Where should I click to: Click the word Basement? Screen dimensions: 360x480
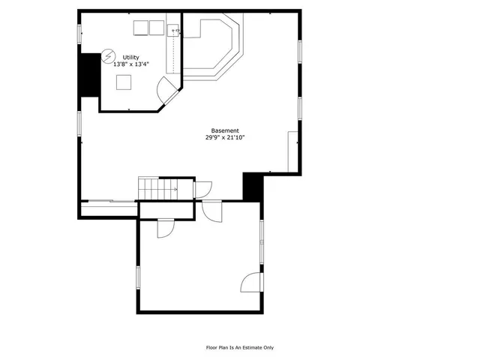[x=226, y=130]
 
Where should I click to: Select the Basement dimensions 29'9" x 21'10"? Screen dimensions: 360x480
[x=226, y=138]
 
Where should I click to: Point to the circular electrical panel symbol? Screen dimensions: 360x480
[x=109, y=56]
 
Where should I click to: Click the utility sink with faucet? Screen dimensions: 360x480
[x=174, y=30]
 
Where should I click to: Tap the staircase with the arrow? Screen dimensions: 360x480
[x=157, y=188]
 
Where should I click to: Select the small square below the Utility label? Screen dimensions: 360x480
[x=124, y=82]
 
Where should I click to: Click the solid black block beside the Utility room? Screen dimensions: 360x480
[x=90, y=75]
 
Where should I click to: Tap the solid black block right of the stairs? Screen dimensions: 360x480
[x=253, y=186]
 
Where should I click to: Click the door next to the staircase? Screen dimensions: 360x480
[x=203, y=189]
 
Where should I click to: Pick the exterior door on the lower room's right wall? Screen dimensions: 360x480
[x=252, y=283]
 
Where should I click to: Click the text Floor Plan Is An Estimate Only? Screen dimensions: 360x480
[x=240, y=347]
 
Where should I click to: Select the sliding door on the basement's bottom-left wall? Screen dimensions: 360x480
[x=109, y=201]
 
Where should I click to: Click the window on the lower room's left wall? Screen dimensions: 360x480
[x=137, y=277]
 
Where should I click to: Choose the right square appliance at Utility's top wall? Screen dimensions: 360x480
[x=156, y=28]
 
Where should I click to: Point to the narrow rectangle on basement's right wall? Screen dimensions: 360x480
[x=292, y=151]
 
